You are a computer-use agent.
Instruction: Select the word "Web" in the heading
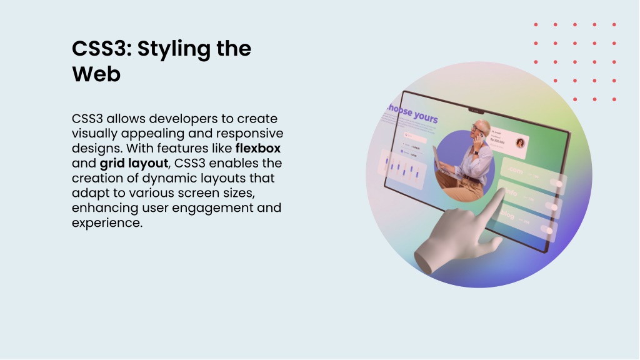[x=96, y=74]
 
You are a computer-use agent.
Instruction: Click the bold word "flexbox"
[x=257, y=148]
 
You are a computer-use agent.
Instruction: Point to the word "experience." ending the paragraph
[x=107, y=222]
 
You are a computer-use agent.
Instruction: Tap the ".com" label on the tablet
[x=516, y=171]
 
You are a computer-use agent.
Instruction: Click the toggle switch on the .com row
[x=554, y=183]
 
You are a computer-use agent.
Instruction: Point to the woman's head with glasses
[x=479, y=129]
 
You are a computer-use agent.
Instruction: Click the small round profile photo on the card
[x=519, y=143]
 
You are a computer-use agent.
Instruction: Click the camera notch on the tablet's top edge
[x=477, y=111]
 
